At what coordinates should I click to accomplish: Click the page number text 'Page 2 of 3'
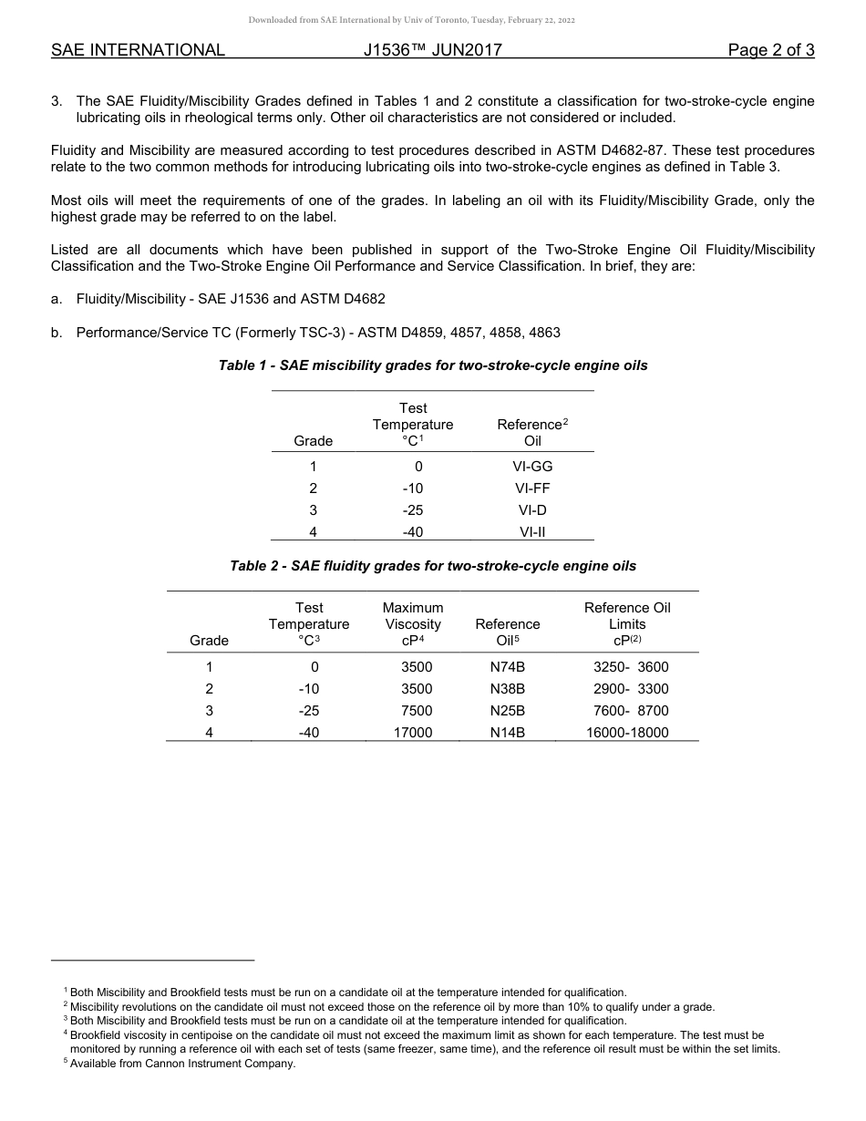(x=770, y=50)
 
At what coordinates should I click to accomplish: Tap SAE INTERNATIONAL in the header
(x=138, y=50)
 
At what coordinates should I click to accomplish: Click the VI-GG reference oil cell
(x=532, y=466)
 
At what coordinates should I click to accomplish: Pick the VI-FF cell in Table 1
(x=532, y=489)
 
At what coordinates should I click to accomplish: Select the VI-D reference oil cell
(x=532, y=510)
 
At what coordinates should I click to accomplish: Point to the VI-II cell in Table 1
(x=532, y=532)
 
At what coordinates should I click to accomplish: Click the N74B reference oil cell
(x=508, y=667)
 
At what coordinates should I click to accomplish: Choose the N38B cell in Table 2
(x=508, y=689)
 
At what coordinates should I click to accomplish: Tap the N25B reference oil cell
(x=508, y=711)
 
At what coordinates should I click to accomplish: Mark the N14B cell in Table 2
(x=508, y=733)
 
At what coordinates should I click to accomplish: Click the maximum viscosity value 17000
(x=412, y=733)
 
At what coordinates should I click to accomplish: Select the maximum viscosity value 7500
(x=417, y=711)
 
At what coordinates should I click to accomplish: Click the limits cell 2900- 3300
(x=631, y=689)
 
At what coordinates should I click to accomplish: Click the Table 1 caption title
(x=433, y=365)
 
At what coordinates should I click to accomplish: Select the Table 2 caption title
(x=433, y=566)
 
